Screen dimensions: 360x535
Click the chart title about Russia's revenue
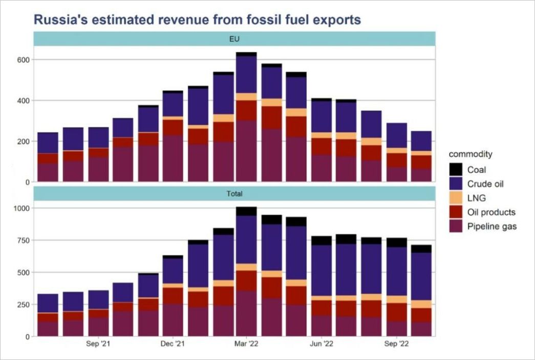(x=197, y=20)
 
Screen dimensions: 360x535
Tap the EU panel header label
(x=234, y=38)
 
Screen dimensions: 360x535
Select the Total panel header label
(x=234, y=194)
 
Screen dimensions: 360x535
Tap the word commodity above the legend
(x=470, y=154)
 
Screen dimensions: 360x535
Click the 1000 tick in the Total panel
(x=22, y=208)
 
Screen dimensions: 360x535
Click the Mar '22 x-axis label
(x=247, y=344)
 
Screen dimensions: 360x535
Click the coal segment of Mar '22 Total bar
(x=246, y=211)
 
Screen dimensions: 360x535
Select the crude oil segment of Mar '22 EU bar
(x=246, y=74)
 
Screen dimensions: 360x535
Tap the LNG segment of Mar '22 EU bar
(x=246, y=97)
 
